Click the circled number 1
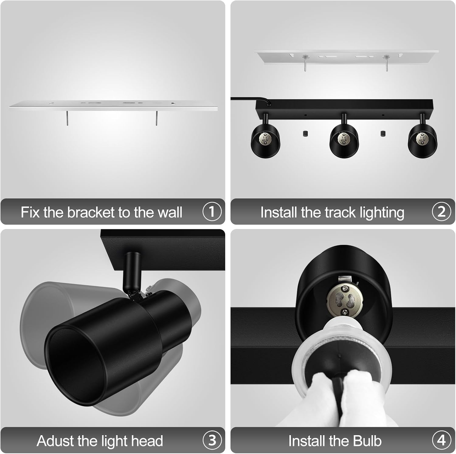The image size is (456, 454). click(212, 212)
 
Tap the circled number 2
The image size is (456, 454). click(441, 212)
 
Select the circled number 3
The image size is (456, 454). click(212, 440)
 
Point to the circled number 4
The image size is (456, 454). click(441, 440)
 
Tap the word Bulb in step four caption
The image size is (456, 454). click(367, 441)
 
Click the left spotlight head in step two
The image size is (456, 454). click(265, 142)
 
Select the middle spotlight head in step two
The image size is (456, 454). click(344, 142)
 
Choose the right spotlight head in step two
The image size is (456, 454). click(422, 142)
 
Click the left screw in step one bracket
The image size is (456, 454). click(67, 118)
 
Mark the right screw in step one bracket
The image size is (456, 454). click(157, 118)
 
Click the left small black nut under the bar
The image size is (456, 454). click(305, 133)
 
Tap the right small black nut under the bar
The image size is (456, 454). click(383, 133)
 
